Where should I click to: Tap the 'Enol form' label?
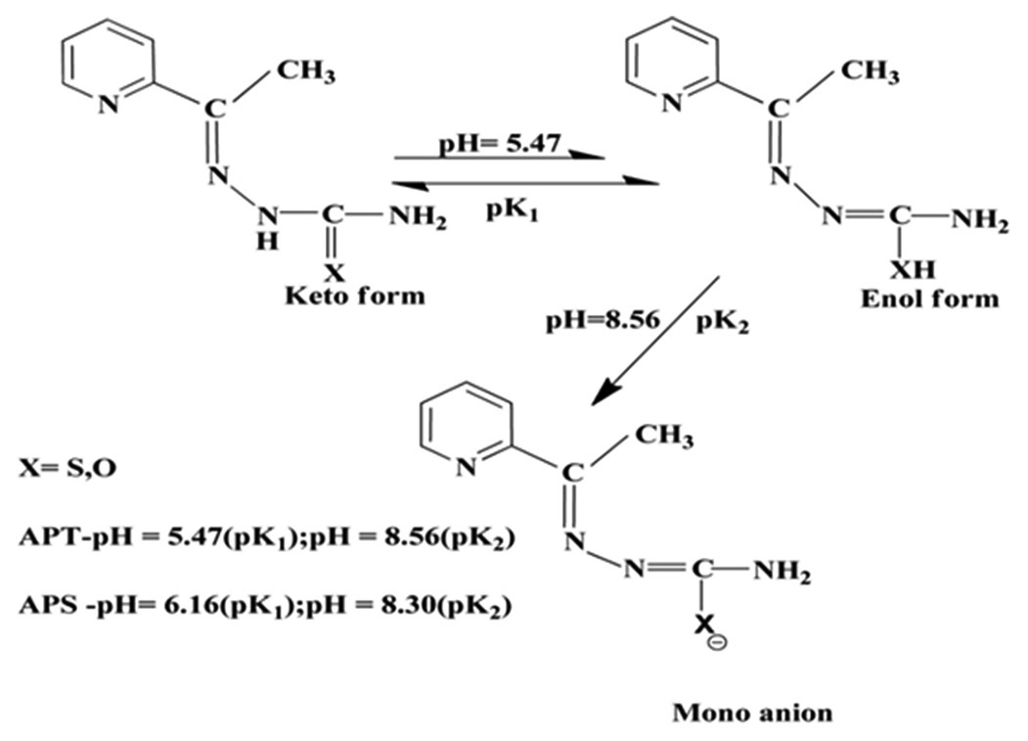coord(929,299)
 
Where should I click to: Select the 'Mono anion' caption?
coord(752,712)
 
